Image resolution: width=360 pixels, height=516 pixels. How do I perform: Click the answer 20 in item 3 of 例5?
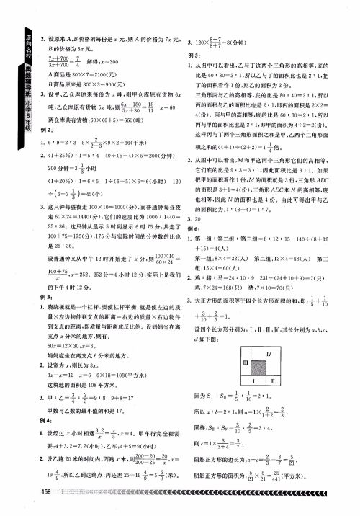pos(199,238)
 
